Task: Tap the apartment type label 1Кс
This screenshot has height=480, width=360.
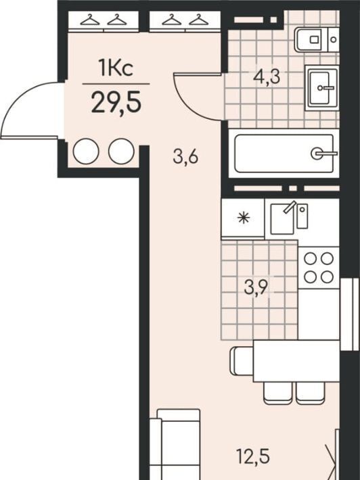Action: [116, 68]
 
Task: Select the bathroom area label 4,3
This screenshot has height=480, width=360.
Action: [267, 77]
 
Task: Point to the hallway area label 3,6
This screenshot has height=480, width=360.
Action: [185, 157]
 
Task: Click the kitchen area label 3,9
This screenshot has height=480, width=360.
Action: [256, 287]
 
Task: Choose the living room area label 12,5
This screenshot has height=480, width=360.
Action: [253, 457]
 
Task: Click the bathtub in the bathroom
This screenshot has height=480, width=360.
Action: [284, 153]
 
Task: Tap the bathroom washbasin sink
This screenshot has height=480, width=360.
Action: [321, 88]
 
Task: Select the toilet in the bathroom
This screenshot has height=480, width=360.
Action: [317, 39]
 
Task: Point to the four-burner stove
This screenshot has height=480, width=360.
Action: [319, 268]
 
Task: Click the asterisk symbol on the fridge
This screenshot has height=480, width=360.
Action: [244, 218]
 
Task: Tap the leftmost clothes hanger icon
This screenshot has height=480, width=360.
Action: [90, 20]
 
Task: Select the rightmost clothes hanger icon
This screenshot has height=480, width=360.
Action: [199, 20]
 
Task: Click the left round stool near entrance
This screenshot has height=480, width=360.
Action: [86, 151]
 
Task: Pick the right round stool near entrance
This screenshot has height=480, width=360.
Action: [121, 151]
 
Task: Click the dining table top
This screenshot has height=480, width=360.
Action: [296, 361]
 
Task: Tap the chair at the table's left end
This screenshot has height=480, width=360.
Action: [242, 361]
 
